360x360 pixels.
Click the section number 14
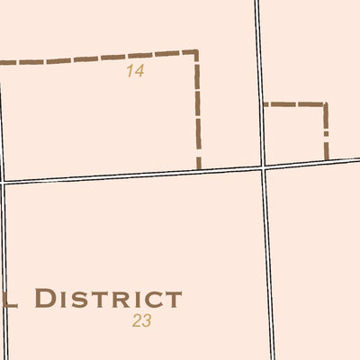[x=135, y=71]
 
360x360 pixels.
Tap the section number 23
[x=141, y=320]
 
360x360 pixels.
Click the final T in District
[x=173, y=300]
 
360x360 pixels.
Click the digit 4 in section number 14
[x=139, y=71]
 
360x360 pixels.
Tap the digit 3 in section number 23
[x=146, y=320]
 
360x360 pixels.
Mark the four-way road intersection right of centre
[x=263, y=166]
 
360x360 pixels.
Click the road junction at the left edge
[x=3, y=182]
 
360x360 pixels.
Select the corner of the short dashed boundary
[x=324, y=105]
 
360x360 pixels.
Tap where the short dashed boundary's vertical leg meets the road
[x=325, y=161]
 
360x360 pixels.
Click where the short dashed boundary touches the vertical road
[x=262, y=104]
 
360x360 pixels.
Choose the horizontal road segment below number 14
[x=135, y=175]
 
